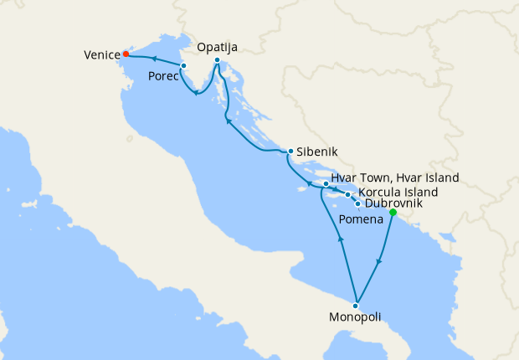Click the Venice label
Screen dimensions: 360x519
[101, 54]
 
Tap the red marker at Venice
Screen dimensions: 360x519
[126, 54]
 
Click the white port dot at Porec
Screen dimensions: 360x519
[182, 64]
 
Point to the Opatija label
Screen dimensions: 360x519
[217, 48]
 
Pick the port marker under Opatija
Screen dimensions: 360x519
[217, 60]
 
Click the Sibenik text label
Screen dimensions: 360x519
[317, 153]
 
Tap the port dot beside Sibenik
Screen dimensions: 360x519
[290, 152]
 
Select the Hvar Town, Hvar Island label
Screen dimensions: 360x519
[394, 178]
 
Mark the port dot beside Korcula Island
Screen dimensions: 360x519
[348, 194]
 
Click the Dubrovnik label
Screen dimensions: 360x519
[393, 203]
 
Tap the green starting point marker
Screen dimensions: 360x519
[393, 212]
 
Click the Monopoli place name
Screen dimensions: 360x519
[356, 317]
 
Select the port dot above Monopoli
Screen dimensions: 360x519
[356, 306]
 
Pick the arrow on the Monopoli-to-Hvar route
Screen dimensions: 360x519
[341, 239]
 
